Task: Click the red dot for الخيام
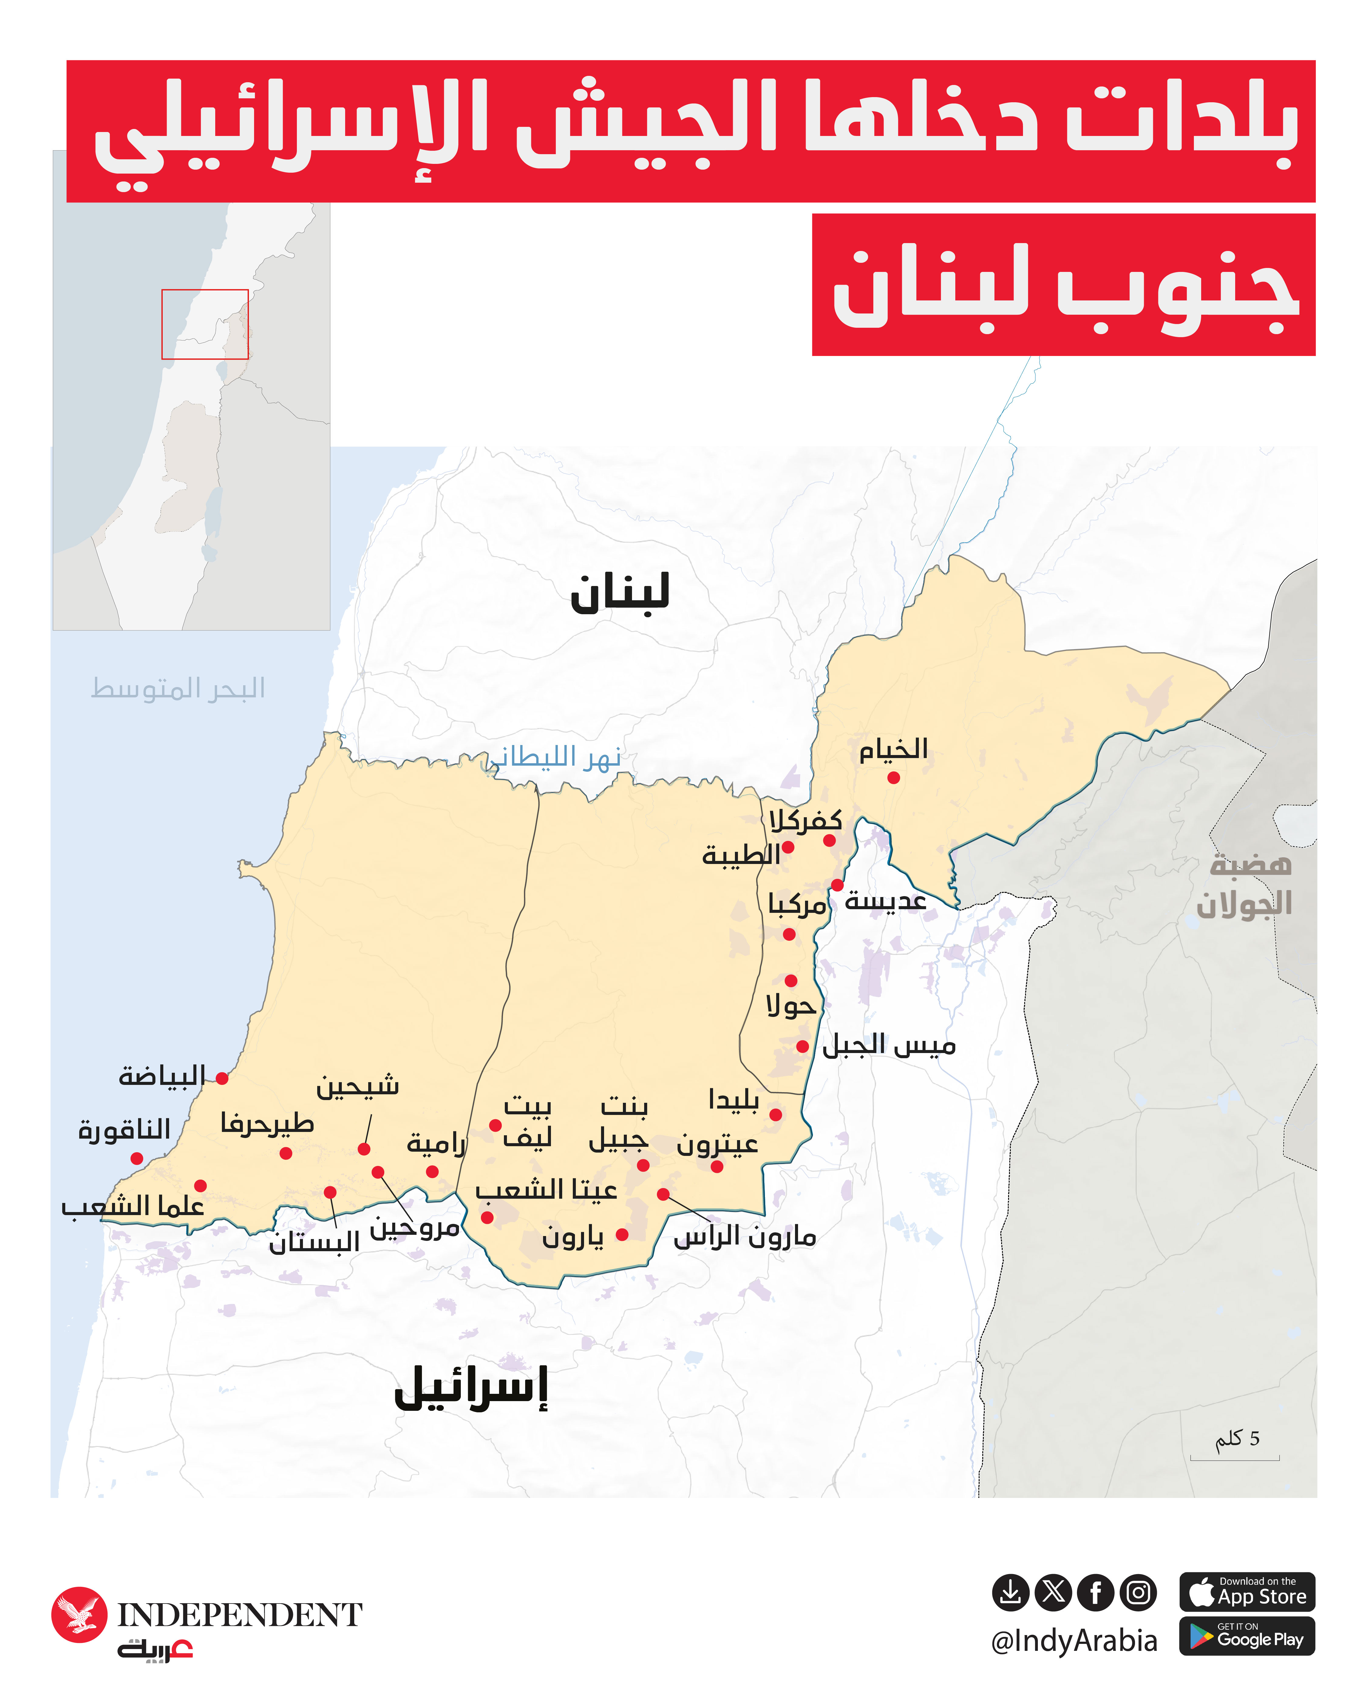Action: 893,777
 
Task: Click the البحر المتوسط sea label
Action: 178,688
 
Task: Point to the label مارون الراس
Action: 744,1237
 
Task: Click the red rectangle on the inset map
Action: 205,324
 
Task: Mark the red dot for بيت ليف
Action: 495,1125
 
